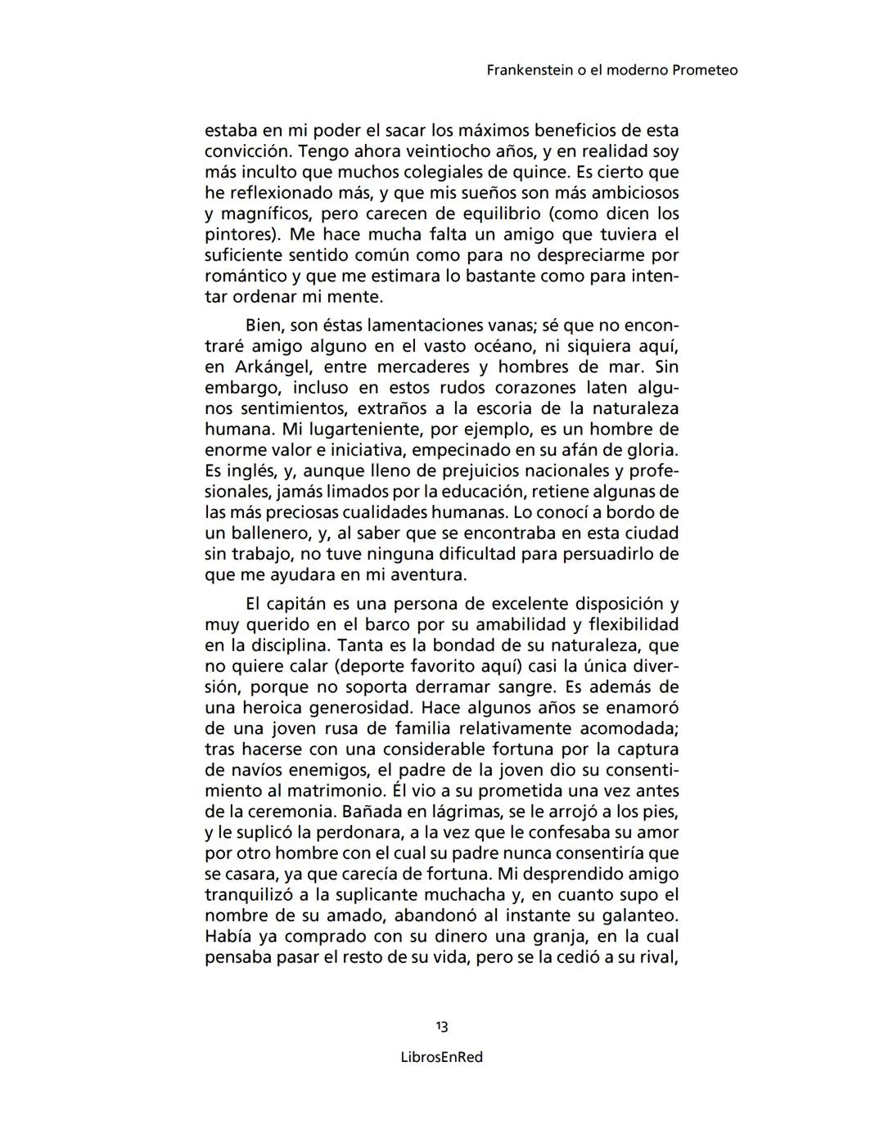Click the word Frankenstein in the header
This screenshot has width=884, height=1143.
(526, 70)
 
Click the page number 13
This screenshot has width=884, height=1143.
(442, 1027)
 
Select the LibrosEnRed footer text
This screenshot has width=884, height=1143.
(442, 1057)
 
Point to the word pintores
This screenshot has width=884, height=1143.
(241, 235)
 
